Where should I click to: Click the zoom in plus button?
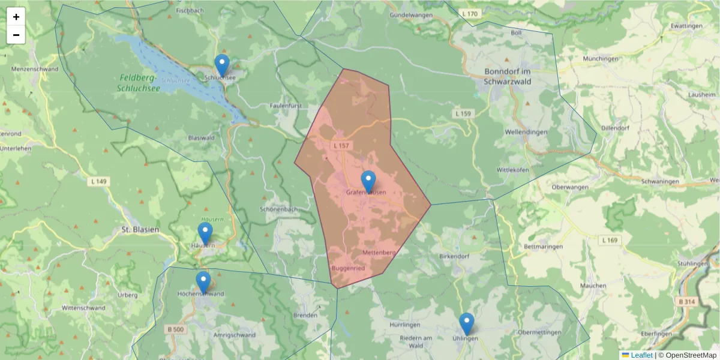tap(16, 17)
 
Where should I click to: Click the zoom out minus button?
tap(16, 35)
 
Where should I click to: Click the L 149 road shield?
tap(99, 181)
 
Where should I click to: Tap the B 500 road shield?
tap(175, 329)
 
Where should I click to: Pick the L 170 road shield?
tap(470, 13)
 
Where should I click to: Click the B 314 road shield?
tap(688, 302)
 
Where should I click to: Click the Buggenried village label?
tap(348, 268)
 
